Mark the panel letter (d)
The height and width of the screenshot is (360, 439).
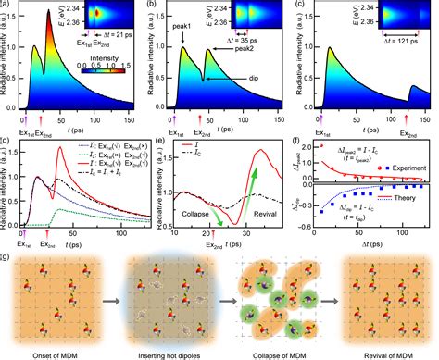tap(6, 141)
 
